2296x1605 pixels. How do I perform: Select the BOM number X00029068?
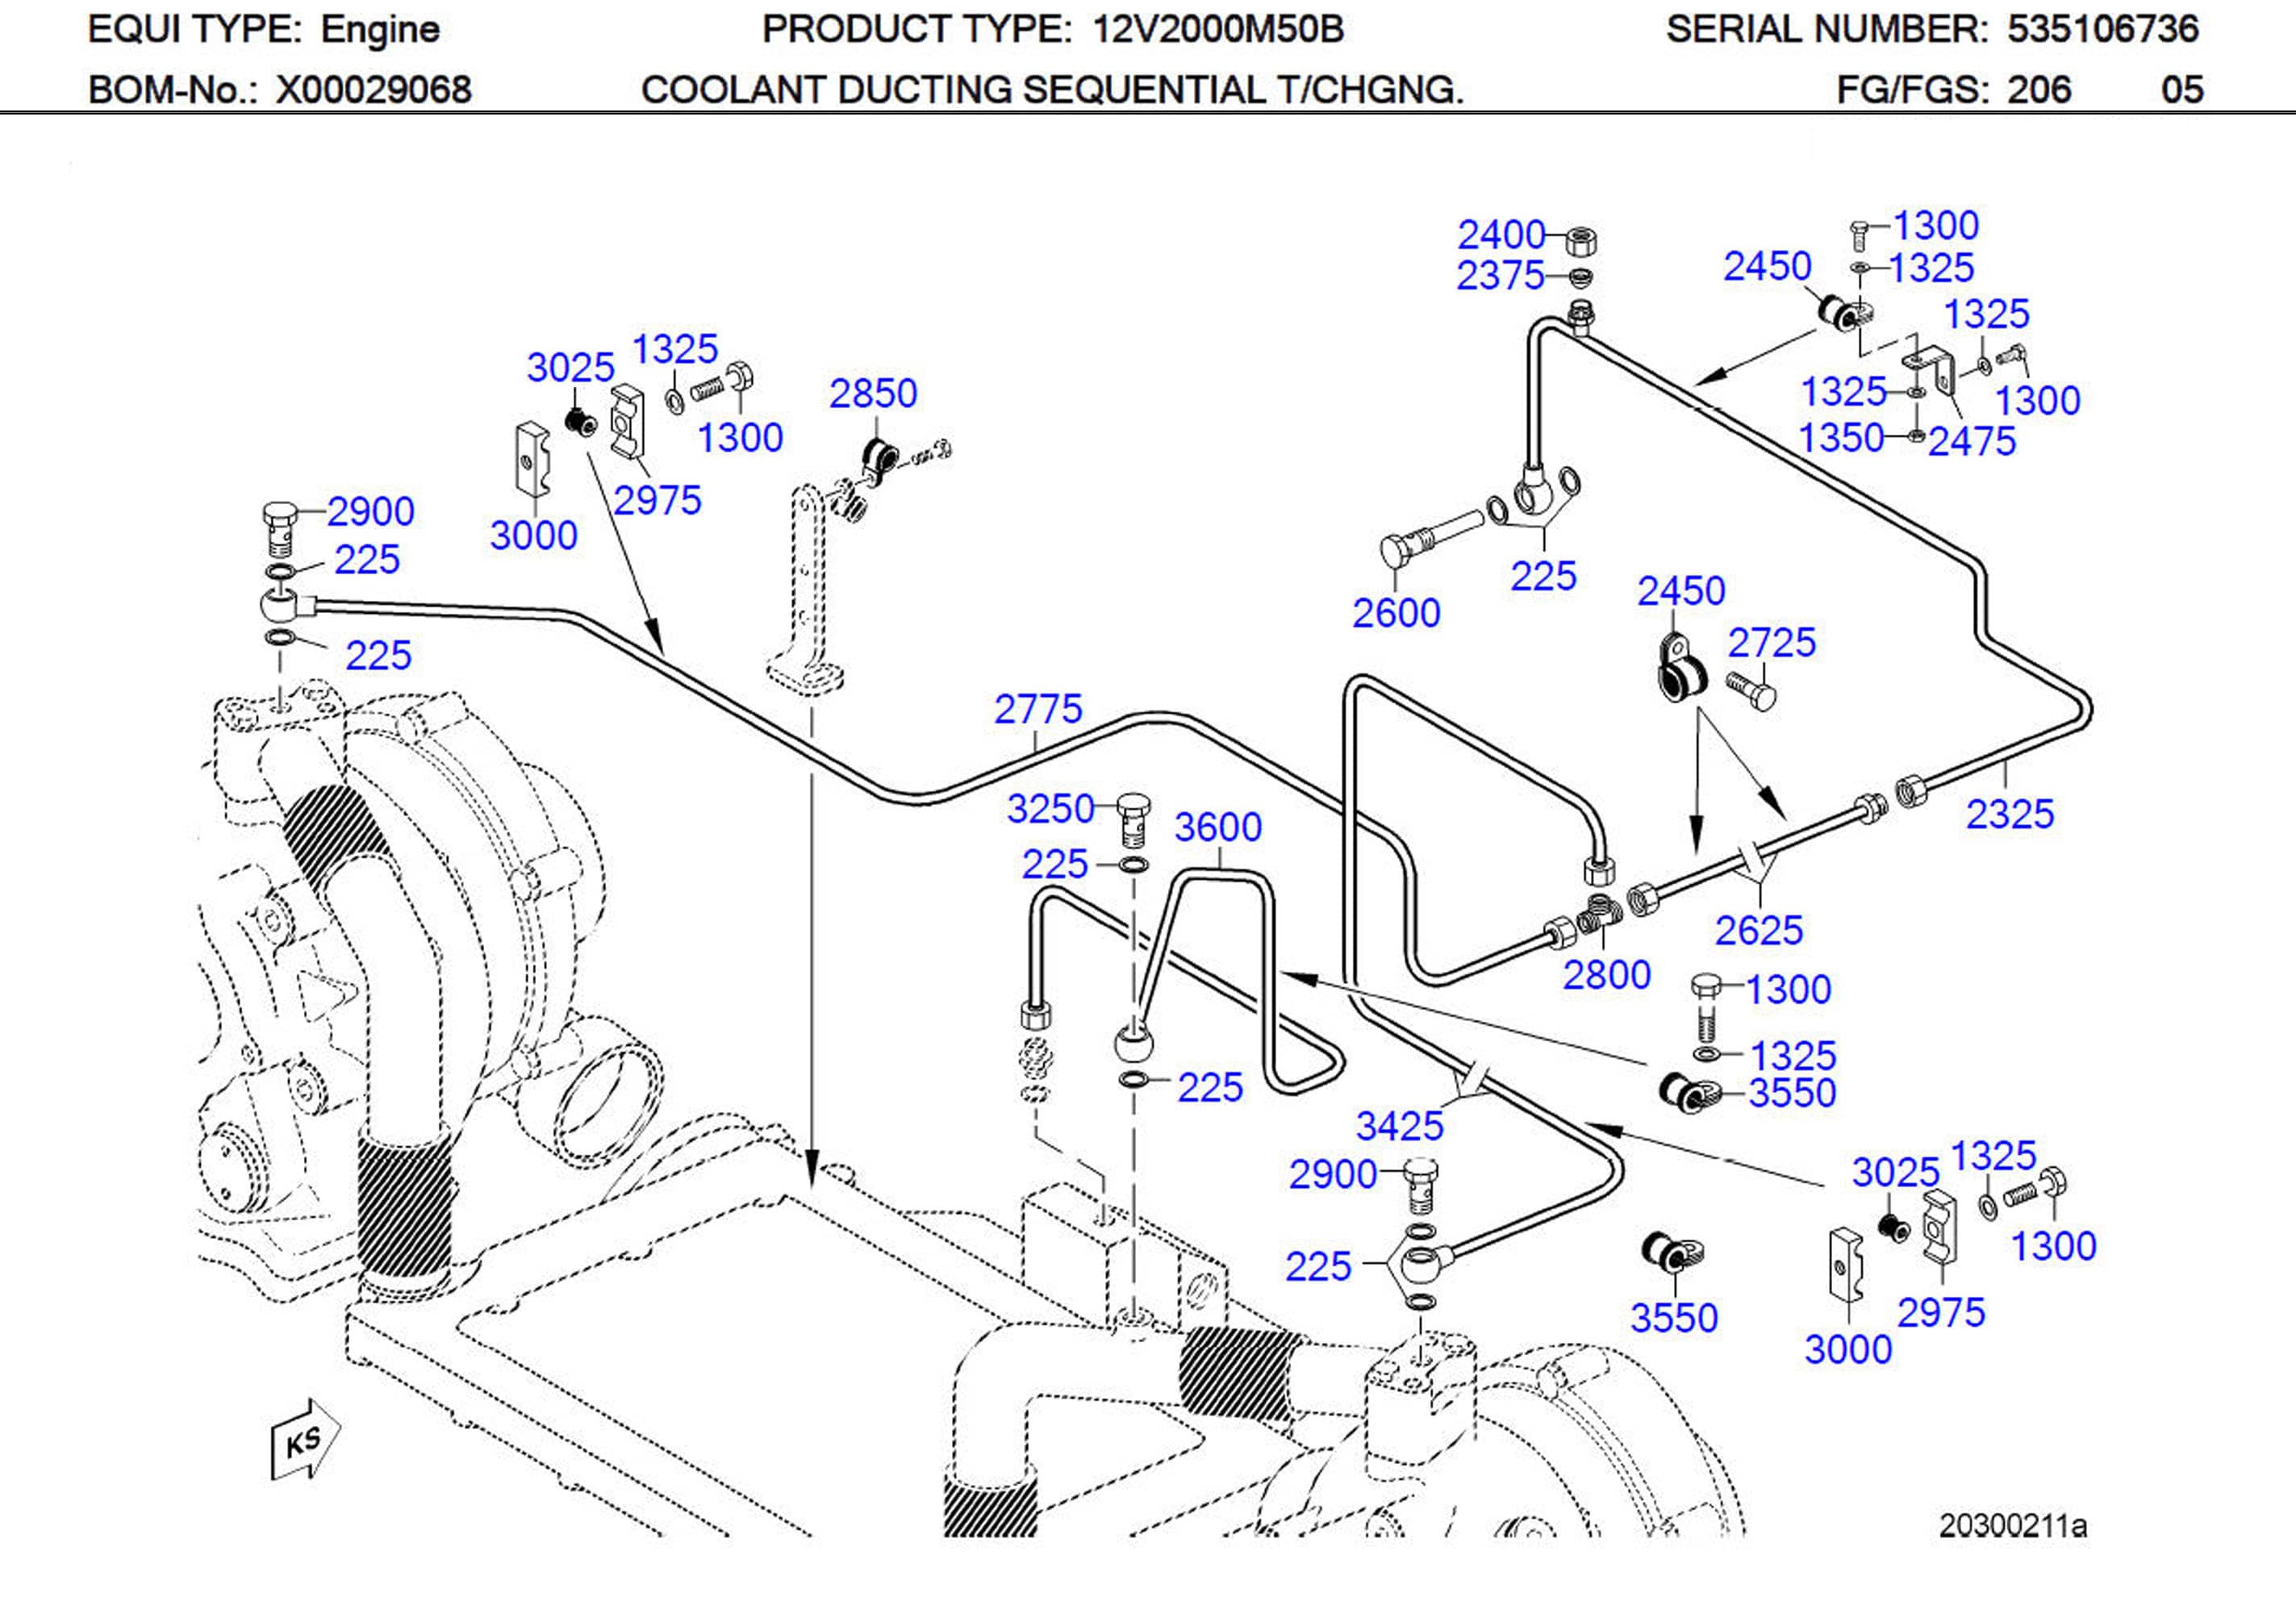click(x=373, y=90)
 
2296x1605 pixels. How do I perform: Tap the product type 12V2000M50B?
click(x=1217, y=30)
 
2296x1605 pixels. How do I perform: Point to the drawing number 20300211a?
click(x=2012, y=1526)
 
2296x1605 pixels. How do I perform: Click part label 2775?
click(x=1038, y=709)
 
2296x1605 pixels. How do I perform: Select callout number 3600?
click(x=1217, y=827)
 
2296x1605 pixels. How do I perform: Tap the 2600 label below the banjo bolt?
click(x=1396, y=613)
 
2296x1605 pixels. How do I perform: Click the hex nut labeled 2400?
click(x=1578, y=240)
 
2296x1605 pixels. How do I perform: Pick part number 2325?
click(x=2009, y=814)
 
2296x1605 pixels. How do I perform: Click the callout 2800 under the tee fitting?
click(x=1606, y=974)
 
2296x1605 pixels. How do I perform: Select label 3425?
click(x=1399, y=1126)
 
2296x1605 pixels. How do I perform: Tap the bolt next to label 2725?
click(x=1750, y=690)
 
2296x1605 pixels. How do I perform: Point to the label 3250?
click(x=1050, y=809)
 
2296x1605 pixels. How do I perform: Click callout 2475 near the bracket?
click(x=1971, y=441)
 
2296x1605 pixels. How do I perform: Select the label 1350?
click(x=1841, y=438)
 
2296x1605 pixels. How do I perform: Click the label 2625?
click(x=1758, y=930)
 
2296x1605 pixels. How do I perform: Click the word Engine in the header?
click(x=380, y=30)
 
